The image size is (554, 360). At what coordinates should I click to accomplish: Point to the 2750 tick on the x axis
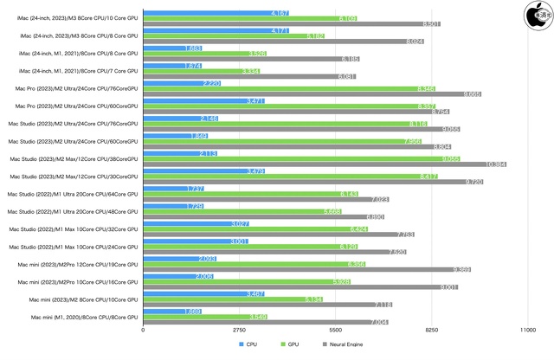click(239, 330)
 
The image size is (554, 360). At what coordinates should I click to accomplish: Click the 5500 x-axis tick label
click(336, 330)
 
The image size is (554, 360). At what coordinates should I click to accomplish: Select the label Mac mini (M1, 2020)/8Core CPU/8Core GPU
click(85, 318)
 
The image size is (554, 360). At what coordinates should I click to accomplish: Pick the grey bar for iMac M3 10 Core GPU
click(291, 24)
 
